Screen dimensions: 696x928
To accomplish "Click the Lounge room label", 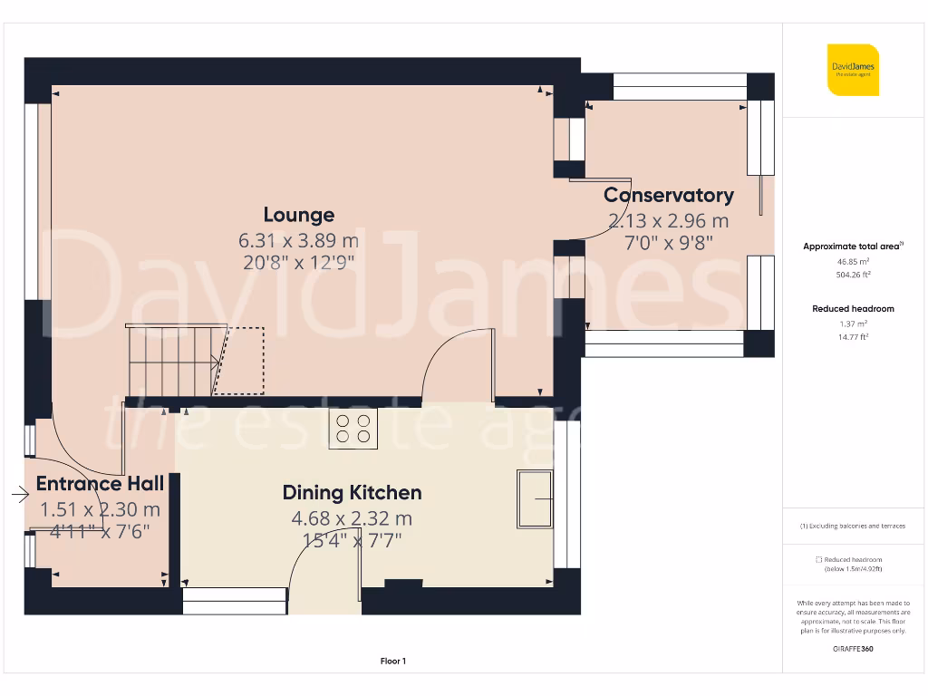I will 299,215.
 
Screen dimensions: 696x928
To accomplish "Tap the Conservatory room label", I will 669,195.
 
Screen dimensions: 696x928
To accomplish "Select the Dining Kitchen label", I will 352,493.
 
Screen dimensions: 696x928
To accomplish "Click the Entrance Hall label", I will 100,483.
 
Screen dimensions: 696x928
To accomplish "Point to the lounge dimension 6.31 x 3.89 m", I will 299,240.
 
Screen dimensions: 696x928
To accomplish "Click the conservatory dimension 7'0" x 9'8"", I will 669,243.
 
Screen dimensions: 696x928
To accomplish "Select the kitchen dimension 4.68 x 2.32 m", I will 352,518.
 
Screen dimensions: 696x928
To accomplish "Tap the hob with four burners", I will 353,428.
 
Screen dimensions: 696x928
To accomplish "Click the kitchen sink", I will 534,498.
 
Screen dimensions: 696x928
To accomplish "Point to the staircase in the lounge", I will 172,361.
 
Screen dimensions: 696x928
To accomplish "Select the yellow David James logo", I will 852,69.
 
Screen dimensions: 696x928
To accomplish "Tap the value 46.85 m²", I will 852,261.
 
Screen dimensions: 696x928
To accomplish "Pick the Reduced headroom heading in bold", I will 852,309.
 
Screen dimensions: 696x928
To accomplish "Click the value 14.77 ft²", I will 852,336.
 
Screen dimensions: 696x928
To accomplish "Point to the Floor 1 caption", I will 393,662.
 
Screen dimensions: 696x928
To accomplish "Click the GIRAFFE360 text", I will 852,649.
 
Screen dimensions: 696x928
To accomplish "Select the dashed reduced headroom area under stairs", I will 239,361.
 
